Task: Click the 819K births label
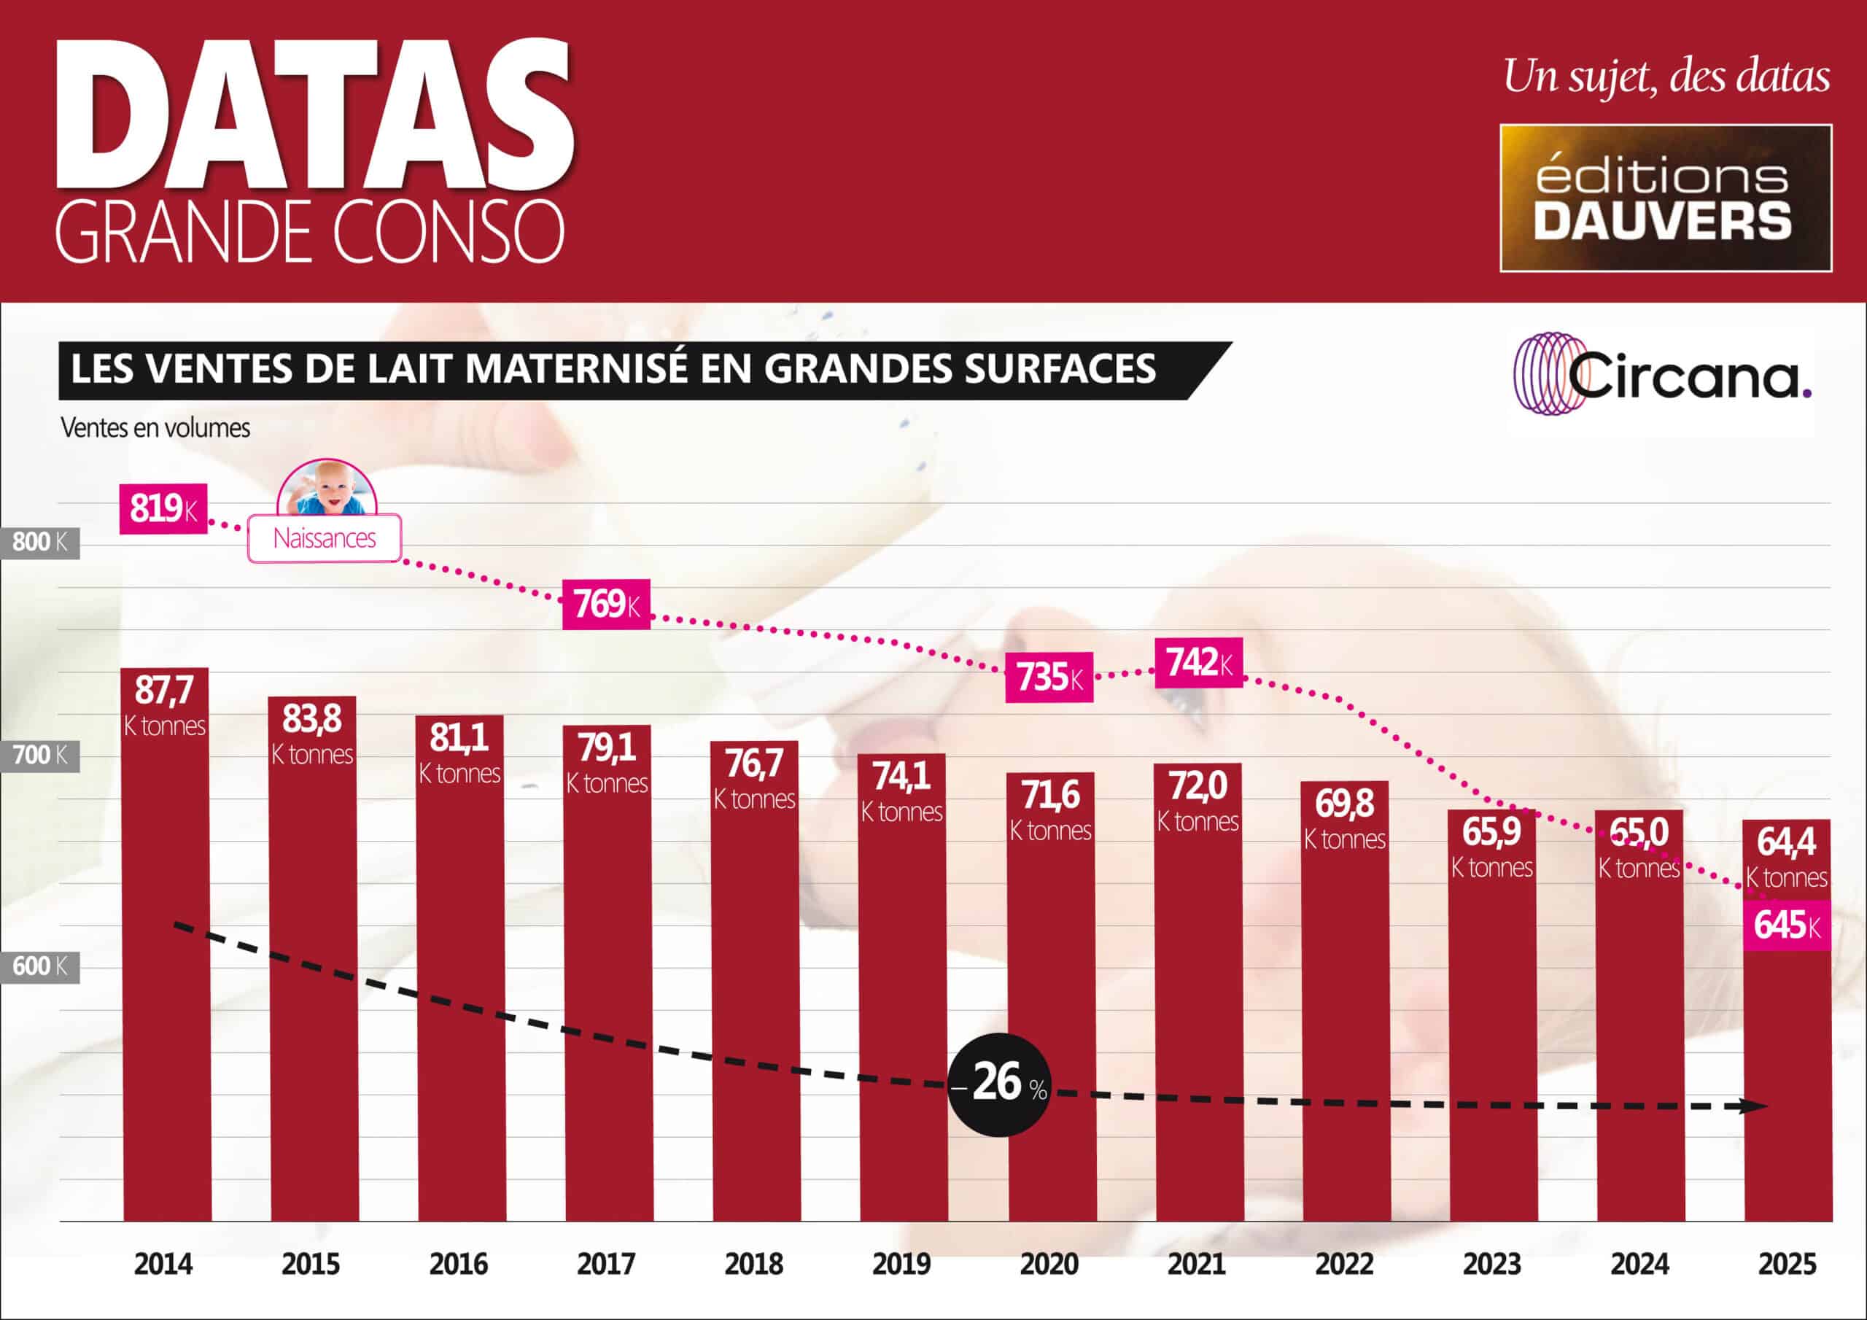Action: pos(163,509)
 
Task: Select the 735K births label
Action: pos(1049,677)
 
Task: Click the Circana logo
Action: pos(1664,374)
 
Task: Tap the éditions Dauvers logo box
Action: pos(1665,198)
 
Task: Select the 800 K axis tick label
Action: pos(40,542)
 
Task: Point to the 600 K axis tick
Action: pos(40,967)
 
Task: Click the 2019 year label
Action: pos(901,1265)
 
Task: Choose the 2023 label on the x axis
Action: pos(1491,1265)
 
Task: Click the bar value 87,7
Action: pos(164,691)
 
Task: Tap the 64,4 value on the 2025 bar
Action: pos(1787,842)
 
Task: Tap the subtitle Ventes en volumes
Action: pos(155,429)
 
